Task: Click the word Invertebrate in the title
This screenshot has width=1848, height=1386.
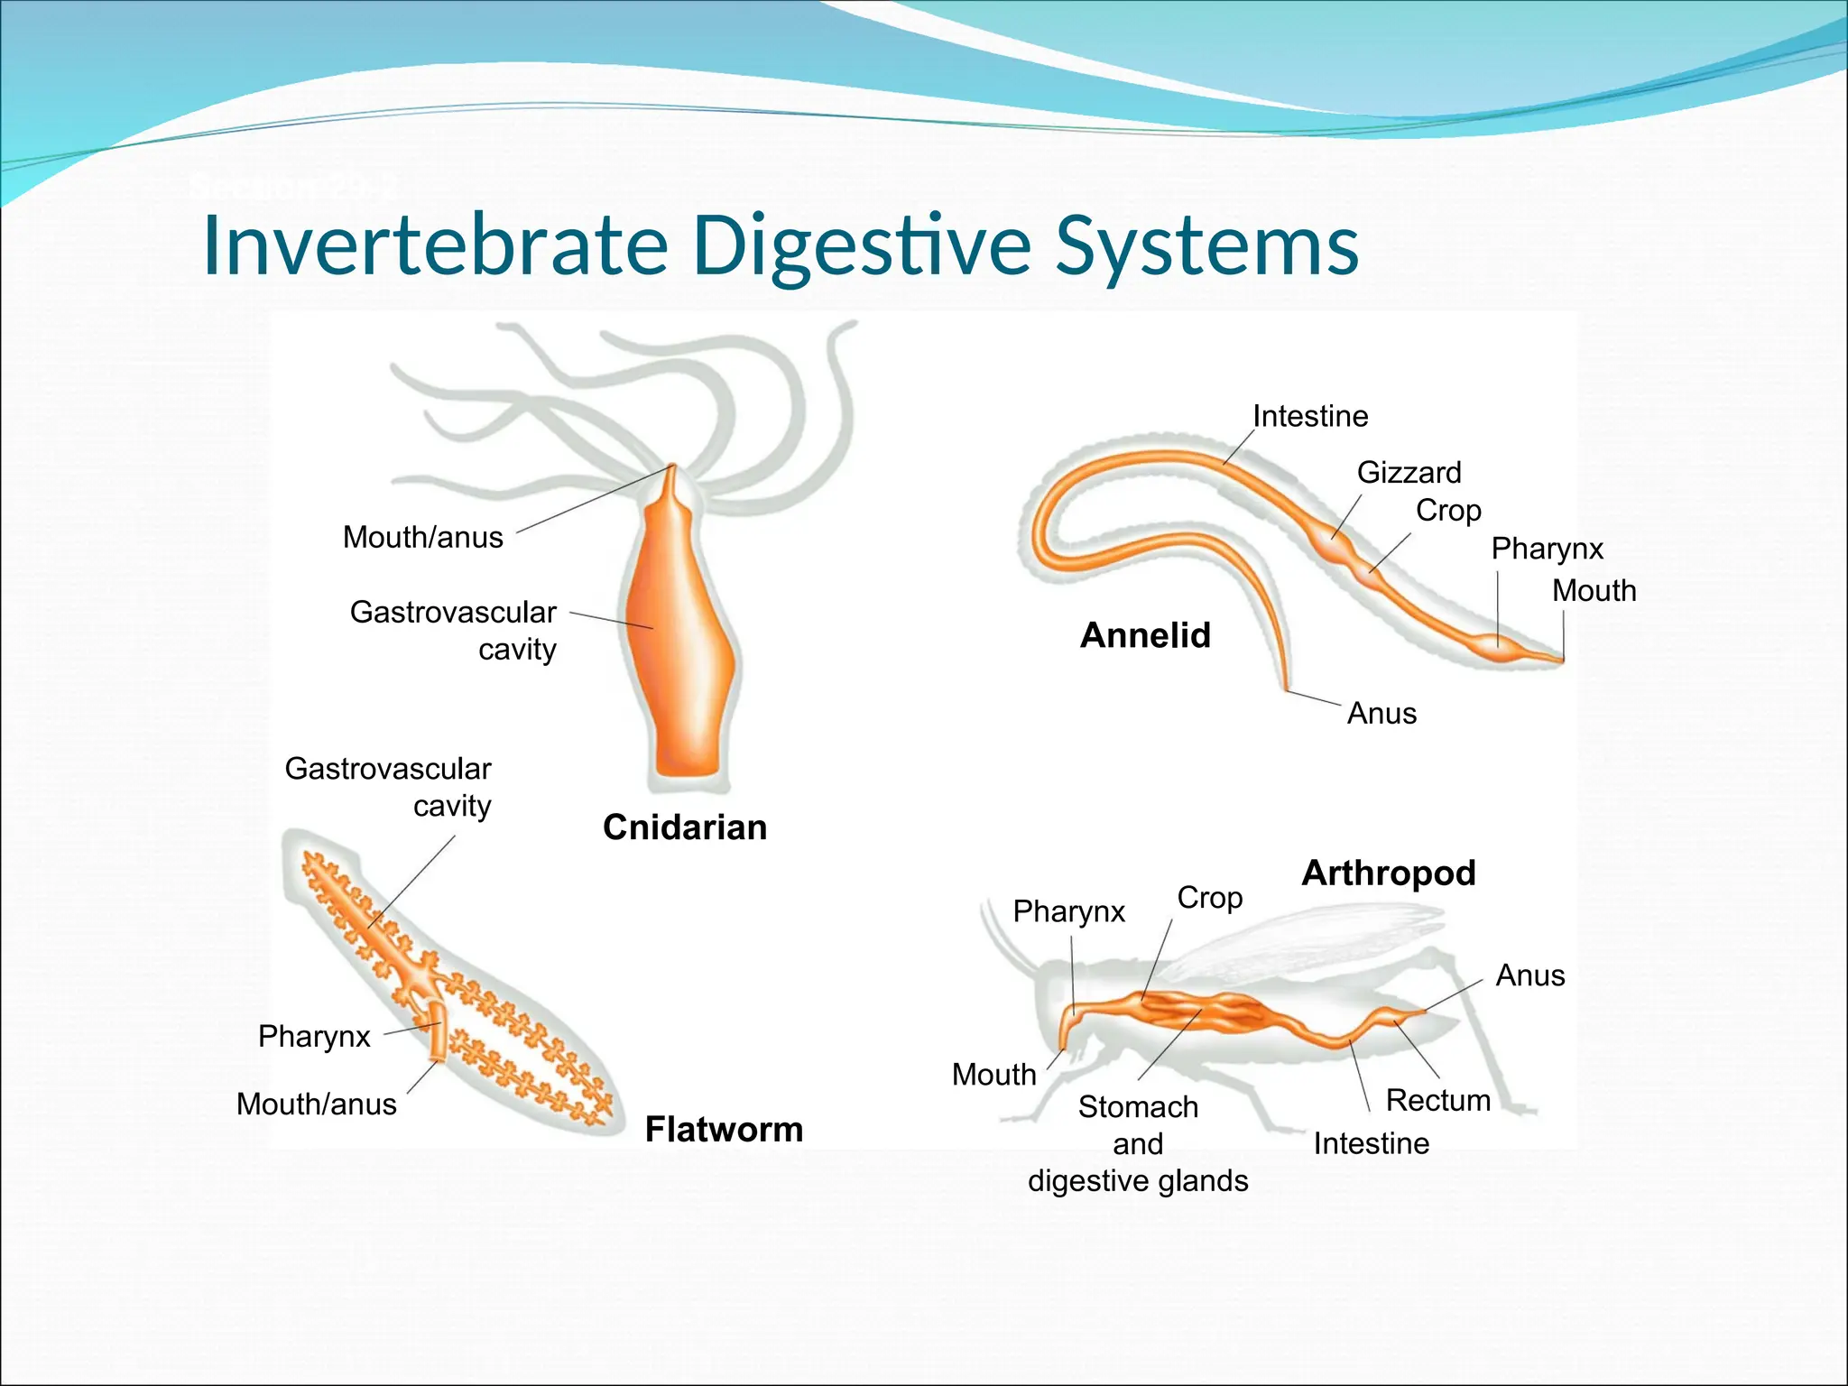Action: pos(435,245)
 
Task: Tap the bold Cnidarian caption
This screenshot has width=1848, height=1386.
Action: pos(685,827)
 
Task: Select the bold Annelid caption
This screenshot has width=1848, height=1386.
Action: pos(1145,635)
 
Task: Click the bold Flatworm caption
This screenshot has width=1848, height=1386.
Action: pos(724,1130)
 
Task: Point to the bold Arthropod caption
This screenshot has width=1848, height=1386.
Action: pos(1388,873)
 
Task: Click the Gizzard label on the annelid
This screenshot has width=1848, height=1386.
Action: pos(1409,472)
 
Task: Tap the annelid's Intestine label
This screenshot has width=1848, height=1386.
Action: pos(1310,416)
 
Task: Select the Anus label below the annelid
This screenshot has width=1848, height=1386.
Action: pos(1381,714)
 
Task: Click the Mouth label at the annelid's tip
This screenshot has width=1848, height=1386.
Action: pos(1594,590)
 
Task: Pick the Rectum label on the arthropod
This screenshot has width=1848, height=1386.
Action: pos(1437,1100)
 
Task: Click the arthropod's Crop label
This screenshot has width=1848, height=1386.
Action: pos(1209,898)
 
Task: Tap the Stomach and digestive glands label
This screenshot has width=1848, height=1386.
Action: pos(1138,1143)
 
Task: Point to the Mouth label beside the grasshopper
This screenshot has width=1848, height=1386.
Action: pos(993,1075)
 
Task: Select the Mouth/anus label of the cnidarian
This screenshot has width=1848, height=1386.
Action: pos(422,537)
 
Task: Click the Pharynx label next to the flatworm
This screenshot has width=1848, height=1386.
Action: pos(314,1036)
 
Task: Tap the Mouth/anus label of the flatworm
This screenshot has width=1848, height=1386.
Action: pos(316,1104)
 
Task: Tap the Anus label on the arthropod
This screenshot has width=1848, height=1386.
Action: pos(1529,975)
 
